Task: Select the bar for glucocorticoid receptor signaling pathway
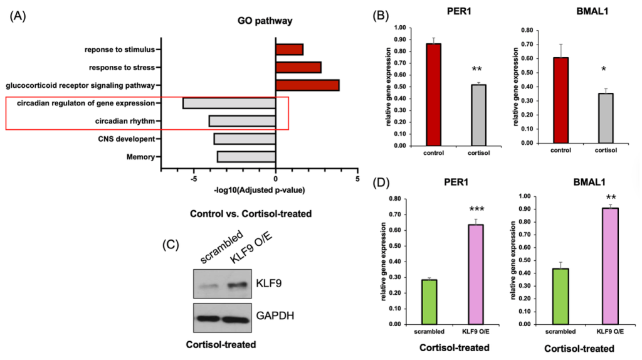coord(307,85)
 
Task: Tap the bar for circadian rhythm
coord(242,121)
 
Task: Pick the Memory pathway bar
coord(246,157)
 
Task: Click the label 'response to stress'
coord(120,67)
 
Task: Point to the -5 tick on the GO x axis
coord(194,178)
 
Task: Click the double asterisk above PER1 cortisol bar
coord(481,66)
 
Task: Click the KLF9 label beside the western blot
coord(273,284)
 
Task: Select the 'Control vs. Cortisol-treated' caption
coord(251,214)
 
